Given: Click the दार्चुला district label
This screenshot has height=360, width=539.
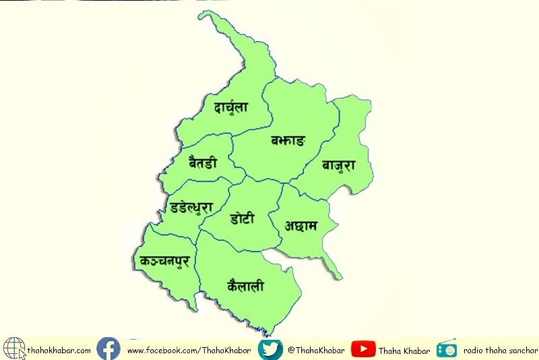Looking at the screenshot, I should point(230,106).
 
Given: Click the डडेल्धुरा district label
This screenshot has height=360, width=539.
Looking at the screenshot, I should point(193,206).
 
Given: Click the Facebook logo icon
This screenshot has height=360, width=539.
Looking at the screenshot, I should point(108,349).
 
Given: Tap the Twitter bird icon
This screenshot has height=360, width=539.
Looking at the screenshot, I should point(269,349).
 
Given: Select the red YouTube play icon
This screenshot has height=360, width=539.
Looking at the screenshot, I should point(363,349).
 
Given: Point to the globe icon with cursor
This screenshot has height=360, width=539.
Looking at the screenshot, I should point(14,349).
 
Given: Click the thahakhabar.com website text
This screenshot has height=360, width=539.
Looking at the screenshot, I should point(59,350).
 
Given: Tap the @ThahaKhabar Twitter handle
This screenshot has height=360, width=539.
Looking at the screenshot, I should point(315,350).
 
